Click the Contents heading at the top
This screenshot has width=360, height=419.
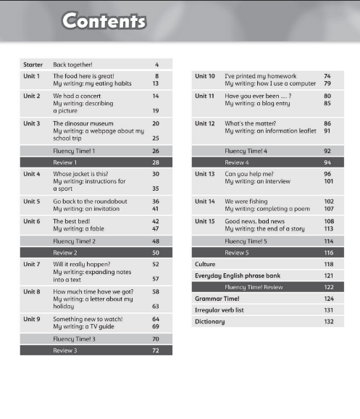click(x=104, y=20)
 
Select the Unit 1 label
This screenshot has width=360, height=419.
click(x=32, y=75)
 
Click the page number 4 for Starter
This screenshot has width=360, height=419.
click(x=156, y=65)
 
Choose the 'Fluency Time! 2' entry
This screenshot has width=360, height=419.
click(x=75, y=241)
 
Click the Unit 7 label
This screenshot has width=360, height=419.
click(x=32, y=265)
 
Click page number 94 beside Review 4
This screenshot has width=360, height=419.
click(x=327, y=162)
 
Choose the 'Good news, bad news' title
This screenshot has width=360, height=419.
click(x=254, y=221)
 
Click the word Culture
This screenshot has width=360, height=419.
click(x=206, y=265)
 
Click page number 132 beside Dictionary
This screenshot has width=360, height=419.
click(x=328, y=321)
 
